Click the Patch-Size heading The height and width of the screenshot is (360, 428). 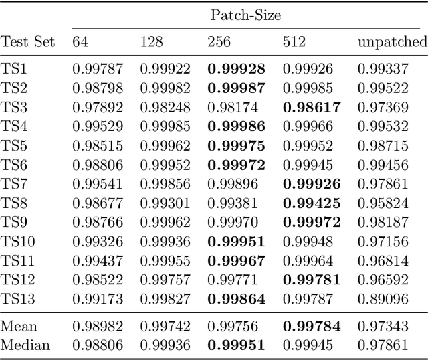click(245, 15)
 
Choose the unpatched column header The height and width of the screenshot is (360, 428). click(393, 42)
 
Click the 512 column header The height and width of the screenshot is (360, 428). click(294, 42)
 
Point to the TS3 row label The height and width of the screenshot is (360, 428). click(14, 107)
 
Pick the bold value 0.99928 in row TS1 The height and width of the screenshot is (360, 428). click(236, 68)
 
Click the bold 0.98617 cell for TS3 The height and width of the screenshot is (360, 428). click(311, 107)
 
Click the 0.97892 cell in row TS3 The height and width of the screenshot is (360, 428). click(97, 107)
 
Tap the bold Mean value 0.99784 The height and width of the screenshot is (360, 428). click(311, 327)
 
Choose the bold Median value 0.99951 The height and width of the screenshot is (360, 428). click(236, 346)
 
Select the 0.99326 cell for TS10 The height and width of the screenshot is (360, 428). click(97, 240)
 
